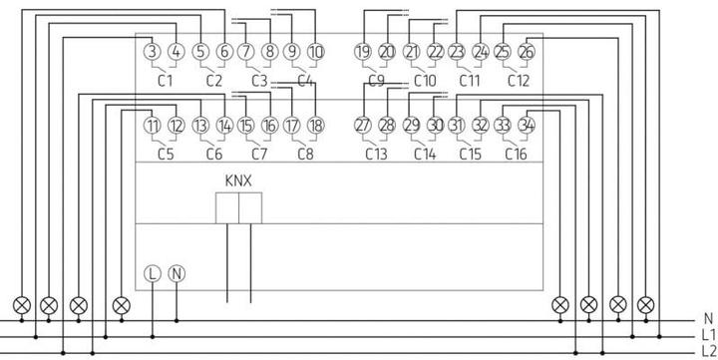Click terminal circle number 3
152,52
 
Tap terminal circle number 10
316,52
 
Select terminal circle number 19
362,52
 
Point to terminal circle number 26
527,52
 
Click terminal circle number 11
152,126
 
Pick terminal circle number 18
316,126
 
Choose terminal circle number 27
362,126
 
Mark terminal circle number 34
527,126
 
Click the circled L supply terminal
152,272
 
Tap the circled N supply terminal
177,272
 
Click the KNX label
238,180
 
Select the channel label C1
166,80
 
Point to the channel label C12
518,80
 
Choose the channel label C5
166,154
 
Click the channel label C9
376,80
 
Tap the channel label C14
425,154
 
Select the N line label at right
707,318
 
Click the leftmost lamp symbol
19,303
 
